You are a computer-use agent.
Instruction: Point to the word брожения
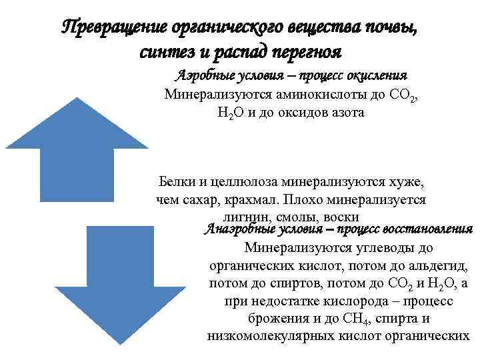[275, 319]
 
